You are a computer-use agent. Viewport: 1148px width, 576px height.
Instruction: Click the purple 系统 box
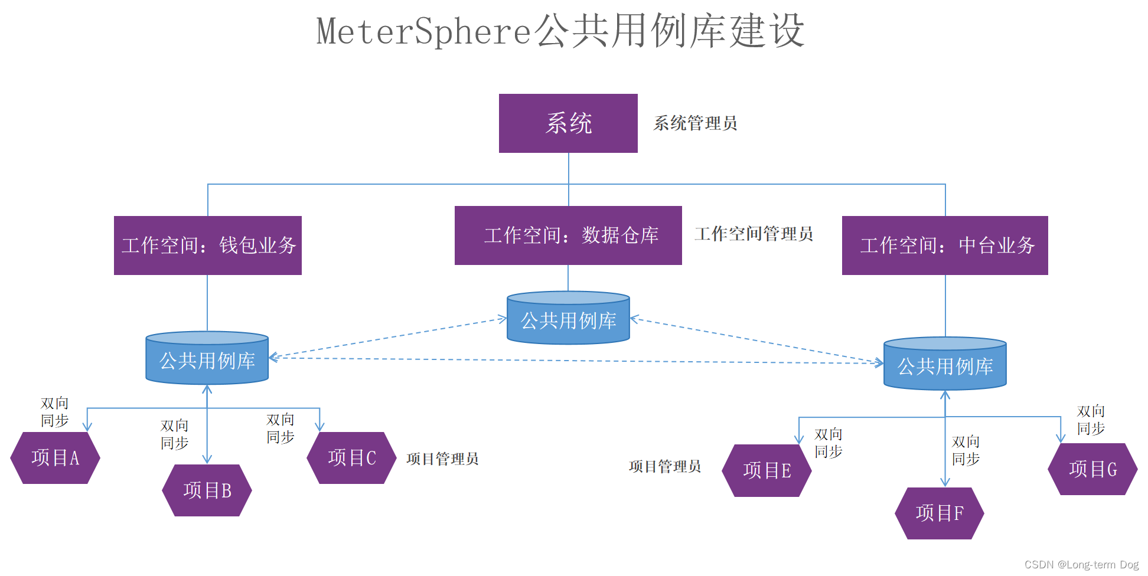click(568, 123)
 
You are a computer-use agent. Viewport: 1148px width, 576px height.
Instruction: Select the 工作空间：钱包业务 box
click(208, 246)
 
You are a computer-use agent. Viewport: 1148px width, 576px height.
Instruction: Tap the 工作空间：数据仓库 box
click(568, 235)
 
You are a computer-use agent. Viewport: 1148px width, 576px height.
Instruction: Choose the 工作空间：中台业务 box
click(945, 246)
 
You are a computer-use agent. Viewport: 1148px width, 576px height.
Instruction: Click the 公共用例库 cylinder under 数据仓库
click(568, 319)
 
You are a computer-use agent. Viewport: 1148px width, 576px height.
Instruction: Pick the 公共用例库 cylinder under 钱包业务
click(207, 359)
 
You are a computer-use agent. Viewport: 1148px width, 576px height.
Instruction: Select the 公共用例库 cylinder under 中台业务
click(945, 365)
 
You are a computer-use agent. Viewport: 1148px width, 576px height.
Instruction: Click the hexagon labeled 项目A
click(55, 458)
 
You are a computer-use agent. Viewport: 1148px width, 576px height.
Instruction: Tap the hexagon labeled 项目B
click(207, 490)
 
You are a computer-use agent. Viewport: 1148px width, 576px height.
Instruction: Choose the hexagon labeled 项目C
click(351, 458)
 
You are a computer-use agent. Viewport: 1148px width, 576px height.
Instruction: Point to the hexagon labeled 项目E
click(767, 470)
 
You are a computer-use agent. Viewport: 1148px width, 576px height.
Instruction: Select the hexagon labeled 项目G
click(1092, 469)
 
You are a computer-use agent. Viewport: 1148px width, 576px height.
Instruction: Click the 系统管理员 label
click(695, 123)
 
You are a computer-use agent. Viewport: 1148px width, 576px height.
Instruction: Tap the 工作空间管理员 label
click(754, 234)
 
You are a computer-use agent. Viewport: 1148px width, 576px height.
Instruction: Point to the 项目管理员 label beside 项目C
click(442, 459)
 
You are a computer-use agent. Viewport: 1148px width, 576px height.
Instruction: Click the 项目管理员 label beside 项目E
click(665, 466)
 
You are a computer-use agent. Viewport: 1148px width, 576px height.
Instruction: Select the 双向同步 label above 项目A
click(54, 412)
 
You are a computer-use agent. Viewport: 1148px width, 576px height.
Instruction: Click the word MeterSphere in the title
click(424, 31)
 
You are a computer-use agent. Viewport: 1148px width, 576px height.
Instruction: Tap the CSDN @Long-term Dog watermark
click(1081, 565)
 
